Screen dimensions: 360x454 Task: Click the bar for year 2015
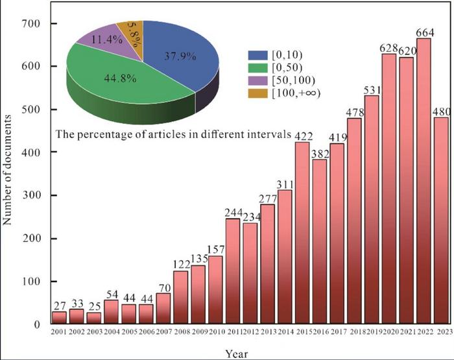pos(302,234)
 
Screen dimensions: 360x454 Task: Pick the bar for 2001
pos(60,318)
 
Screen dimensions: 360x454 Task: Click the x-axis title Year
pos(236,353)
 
